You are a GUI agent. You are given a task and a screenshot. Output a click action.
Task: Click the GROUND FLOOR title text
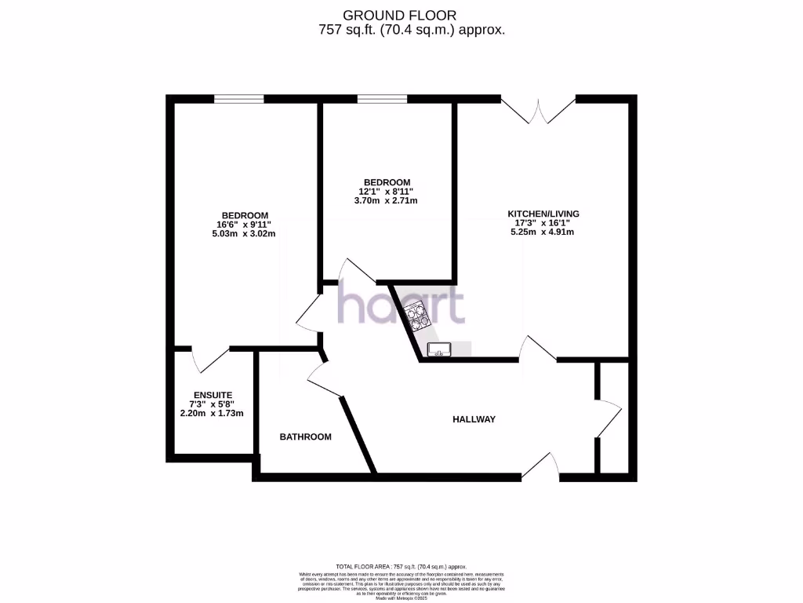point(400,15)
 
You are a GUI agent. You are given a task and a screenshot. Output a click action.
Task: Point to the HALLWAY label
point(474,419)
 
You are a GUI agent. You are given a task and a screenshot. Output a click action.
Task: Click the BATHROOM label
point(306,437)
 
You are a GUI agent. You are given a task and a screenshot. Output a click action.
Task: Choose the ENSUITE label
point(213,395)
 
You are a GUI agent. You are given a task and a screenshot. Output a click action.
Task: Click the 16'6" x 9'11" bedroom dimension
point(245,225)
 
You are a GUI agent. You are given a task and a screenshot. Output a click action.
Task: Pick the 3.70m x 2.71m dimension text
point(386,200)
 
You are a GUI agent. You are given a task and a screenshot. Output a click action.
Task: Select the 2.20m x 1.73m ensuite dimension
point(213,413)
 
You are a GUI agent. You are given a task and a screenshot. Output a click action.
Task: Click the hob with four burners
point(416,316)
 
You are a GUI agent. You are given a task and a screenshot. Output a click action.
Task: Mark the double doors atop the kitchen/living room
point(538,110)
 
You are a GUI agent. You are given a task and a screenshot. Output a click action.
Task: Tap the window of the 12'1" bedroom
point(382,99)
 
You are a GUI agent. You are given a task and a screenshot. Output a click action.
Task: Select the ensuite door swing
point(208,360)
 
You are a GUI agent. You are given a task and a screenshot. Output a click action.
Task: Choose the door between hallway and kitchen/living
point(539,350)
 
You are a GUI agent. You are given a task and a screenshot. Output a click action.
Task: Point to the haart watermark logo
point(401,305)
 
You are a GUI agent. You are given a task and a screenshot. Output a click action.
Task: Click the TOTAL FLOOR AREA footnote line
point(401,566)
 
